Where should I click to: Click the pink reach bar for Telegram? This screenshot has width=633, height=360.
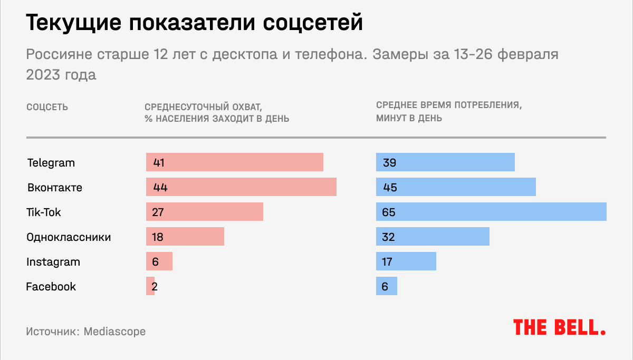pos(235,162)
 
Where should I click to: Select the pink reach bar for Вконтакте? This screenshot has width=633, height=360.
pos(241,187)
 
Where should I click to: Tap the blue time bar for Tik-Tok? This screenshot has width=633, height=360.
pos(491,212)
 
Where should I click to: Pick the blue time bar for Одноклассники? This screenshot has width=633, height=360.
pos(433,237)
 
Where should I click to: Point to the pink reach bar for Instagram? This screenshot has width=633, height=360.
pos(159,261)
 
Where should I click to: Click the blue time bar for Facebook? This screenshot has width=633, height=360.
pos(387,286)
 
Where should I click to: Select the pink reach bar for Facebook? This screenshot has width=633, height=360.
pos(150,286)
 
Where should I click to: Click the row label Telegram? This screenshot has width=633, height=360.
pos(51,162)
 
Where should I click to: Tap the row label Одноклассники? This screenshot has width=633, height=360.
pos(69,237)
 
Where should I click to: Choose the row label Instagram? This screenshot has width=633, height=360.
pos(53,261)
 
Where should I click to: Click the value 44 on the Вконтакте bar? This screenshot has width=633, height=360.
pos(160,188)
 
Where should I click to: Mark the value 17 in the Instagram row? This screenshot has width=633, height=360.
pos(388,262)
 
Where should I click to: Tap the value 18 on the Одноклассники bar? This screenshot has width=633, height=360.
pos(158,237)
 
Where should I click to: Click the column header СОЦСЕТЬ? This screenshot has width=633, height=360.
pos(47,107)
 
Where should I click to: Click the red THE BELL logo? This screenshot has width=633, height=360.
pos(559,327)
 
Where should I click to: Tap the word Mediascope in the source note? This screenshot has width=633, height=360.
pos(114,332)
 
